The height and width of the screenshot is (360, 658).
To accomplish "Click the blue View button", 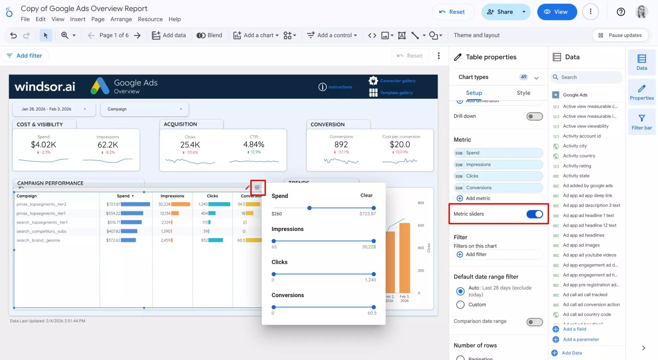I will pyautogui.click(x=557, y=12).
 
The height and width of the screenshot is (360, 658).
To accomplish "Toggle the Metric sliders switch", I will pyautogui.click(x=534, y=214).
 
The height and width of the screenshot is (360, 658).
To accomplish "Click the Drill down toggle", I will pyautogui.click(x=534, y=116).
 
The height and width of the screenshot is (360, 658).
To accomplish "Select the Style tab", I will pyautogui.click(x=523, y=93).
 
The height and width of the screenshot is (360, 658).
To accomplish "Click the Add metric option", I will pyautogui.click(x=478, y=198).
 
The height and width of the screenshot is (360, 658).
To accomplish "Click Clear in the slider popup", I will pyautogui.click(x=366, y=195).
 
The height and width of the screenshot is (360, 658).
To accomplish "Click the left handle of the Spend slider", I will pyautogui.click(x=309, y=208).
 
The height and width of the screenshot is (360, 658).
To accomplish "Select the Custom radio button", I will pyautogui.click(x=460, y=305).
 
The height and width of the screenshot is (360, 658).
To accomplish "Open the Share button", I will pyautogui.click(x=500, y=12).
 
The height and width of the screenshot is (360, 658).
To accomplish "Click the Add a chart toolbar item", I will pyautogui.click(x=256, y=35).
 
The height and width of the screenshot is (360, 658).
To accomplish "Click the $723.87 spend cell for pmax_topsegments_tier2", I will pyautogui.click(x=113, y=204).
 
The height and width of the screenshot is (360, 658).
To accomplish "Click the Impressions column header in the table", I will pyautogui.click(x=172, y=196).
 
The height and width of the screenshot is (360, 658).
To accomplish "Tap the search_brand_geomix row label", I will pyautogui.click(x=38, y=240).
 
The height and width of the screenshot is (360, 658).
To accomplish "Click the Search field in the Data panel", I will pyautogui.click(x=587, y=77).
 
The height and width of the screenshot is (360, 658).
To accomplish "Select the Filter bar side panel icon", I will pyautogui.click(x=641, y=122).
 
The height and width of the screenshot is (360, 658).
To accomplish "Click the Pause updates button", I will pyautogui.click(x=620, y=35).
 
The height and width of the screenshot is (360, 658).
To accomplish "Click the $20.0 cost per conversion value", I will pyautogui.click(x=400, y=145).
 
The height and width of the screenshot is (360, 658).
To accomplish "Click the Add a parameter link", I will pyautogui.click(x=581, y=339).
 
